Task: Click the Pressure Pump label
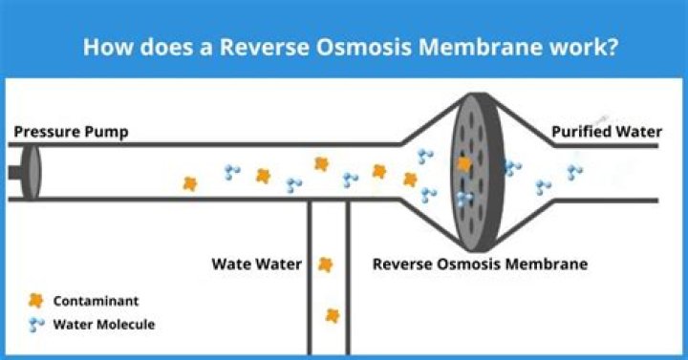71,132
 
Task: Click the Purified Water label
606,132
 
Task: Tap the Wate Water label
256,264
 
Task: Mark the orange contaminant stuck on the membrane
464,164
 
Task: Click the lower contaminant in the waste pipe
332,314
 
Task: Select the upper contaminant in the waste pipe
326,265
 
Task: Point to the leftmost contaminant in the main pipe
190,183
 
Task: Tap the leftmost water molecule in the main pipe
232,173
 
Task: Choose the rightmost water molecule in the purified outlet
574,173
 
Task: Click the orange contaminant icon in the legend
37,300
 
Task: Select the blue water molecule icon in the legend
37,325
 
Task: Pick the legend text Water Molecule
104,325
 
